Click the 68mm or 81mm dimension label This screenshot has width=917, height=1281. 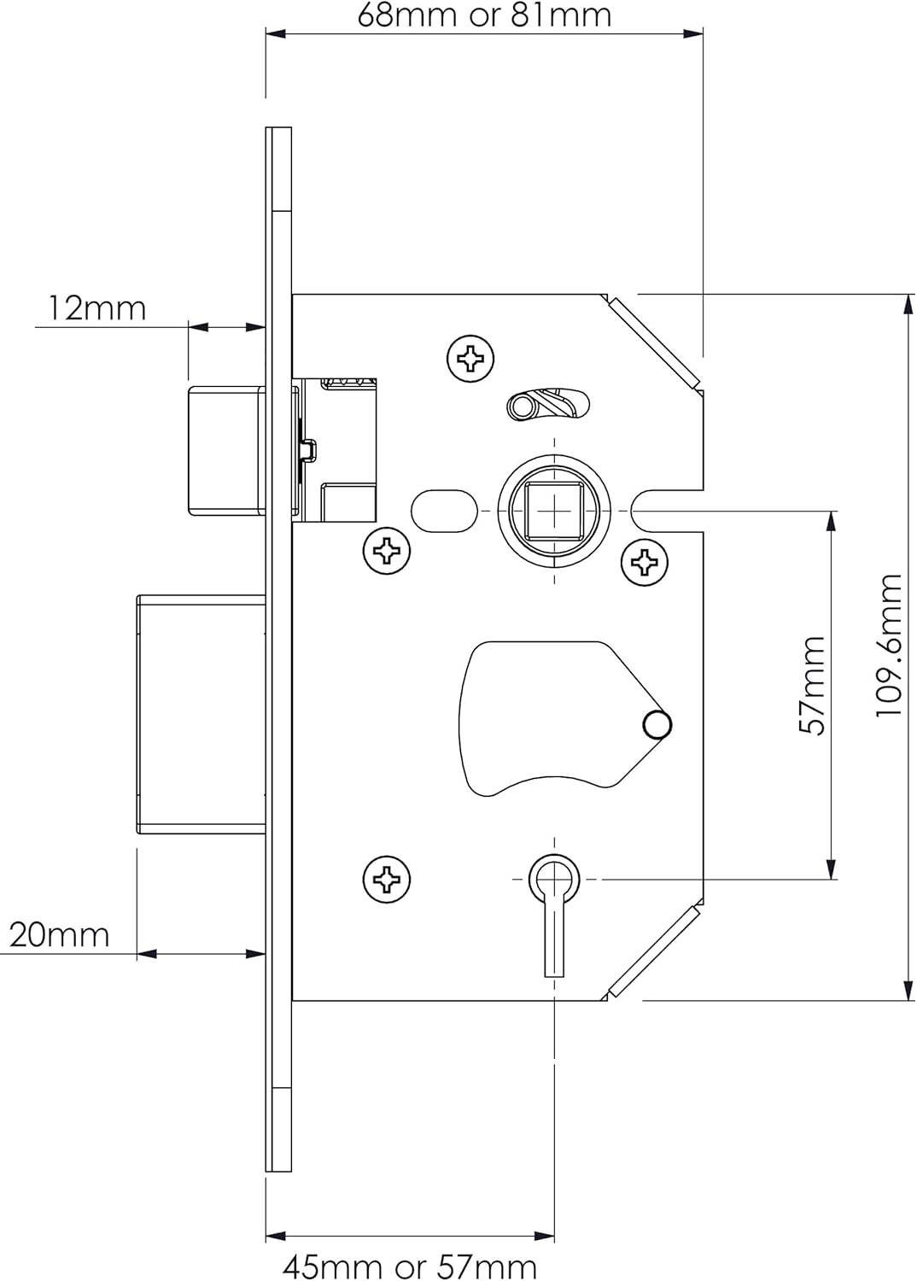tap(484, 15)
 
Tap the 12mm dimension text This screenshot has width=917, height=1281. tap(96, 307)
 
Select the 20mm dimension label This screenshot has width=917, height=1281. tap(59, 935)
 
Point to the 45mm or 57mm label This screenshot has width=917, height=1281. tap(410, 1266)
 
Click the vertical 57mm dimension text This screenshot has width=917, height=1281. tap(812, 685)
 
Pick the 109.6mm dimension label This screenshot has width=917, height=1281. tap(889, 646)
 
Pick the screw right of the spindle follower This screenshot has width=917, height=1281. tap(645, 561)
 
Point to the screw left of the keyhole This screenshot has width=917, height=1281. tap(387, 878)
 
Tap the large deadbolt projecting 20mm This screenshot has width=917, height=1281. tap(202, 714)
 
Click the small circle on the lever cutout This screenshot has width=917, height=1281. tap(657, 725)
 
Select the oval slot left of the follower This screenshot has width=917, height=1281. tap(445, 511)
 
